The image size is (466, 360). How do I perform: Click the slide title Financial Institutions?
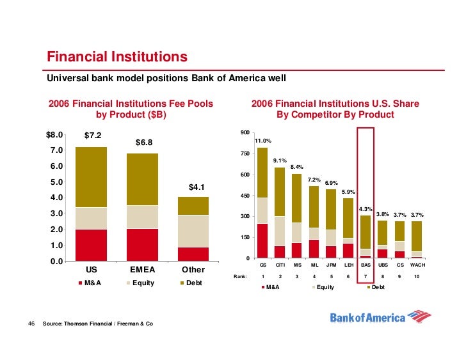pyautogui.click(x=117, y=58)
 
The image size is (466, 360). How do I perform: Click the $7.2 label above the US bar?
pyautogui.click(x=97, y=136)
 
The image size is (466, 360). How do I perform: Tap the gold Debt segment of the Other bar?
pyautogui.click(x=193, y=205)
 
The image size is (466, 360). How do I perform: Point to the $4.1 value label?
pyautogui.click(x=196, y=187)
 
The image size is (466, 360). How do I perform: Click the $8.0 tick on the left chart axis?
pyautogui.click(x=54, y=135)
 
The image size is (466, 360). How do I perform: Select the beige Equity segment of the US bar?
pyautogui.click(x=92, y=218)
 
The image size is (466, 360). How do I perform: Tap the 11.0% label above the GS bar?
pyautogui.click(x=263, y=141)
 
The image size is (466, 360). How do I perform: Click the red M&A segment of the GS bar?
pyautogui.click(x=262, y=241)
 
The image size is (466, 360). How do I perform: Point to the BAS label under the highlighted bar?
pyautogui.click(x=366, y=265)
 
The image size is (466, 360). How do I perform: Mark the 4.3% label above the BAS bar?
pyautogui.click(x=366, y=209)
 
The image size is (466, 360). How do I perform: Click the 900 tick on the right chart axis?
pyautogui.click(x=244, y=132)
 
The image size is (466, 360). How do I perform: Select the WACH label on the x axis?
pyautogui.click(x=417, y=265)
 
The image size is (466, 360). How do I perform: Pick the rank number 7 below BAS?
pyautogui.click(x=366, y=276)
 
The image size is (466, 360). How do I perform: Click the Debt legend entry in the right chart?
pyautogui.click(x=378, y=288)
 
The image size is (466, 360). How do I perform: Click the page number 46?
pyautogui.click(x=31, y=324)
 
